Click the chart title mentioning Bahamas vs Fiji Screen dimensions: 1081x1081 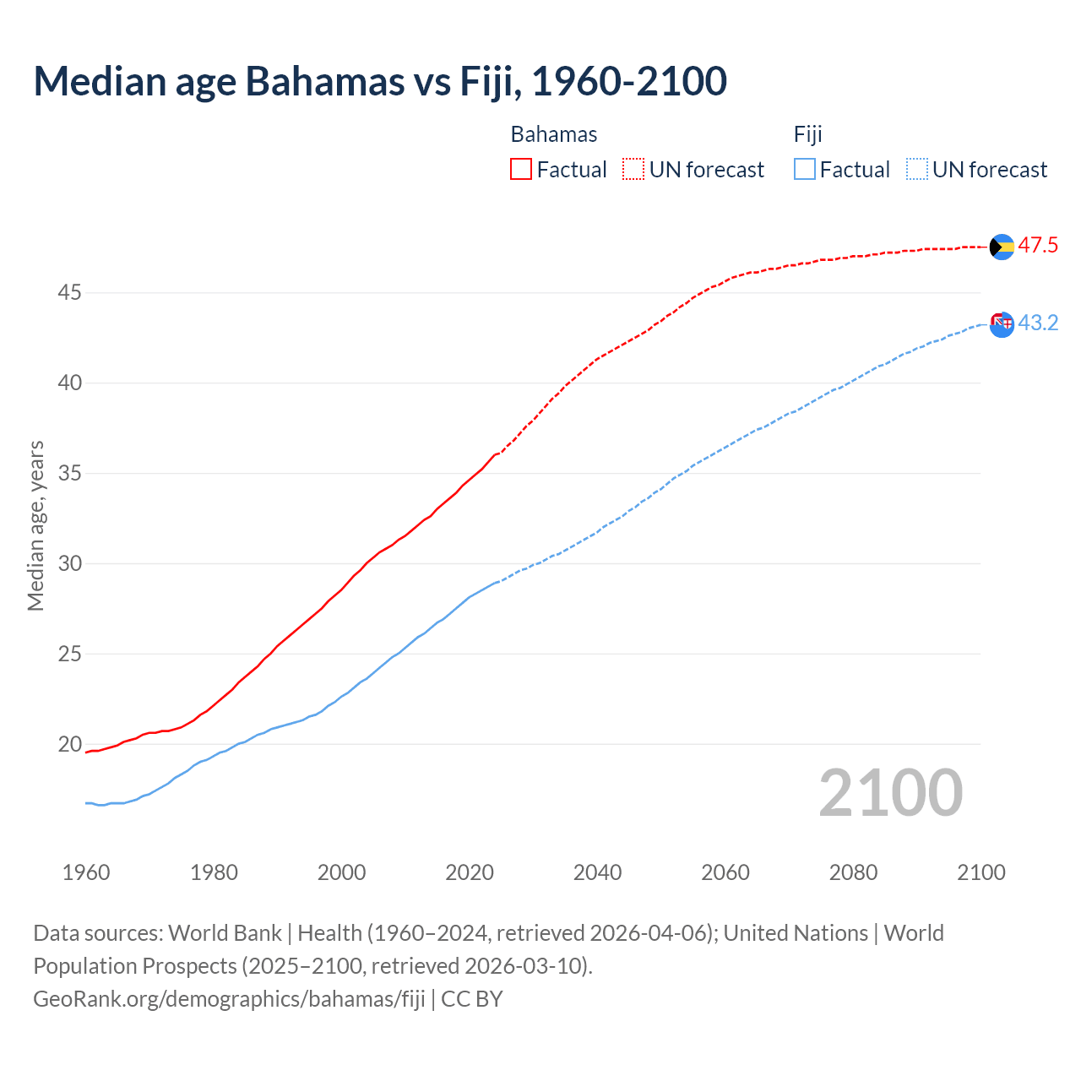(x=380, y=81)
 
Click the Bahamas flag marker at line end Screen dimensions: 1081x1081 (x=1002, y=247)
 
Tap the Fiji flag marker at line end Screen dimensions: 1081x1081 (x=1002, y=323)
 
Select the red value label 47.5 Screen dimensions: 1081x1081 (x=1038, y=246)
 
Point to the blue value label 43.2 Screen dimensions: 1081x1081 (x=1038, y=323)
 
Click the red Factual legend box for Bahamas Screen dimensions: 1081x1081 (x=521, y=170)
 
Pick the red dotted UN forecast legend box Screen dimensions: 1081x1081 (x=633, y=170)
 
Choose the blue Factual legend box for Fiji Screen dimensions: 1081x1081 (x=805, y=170)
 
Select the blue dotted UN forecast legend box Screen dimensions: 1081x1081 (x=917, y=170)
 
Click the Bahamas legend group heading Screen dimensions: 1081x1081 (x=554, y=134)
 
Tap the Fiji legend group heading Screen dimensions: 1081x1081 (x=808, y=134)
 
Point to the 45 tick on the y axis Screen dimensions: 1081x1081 (x=69, y=293)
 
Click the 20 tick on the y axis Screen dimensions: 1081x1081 (x=69, y=744)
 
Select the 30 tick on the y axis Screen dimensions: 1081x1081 (x=69, y=563)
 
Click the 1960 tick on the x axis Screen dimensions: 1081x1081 (x=86, y=872)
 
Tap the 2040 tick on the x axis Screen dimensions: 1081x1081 (x=598, y=872)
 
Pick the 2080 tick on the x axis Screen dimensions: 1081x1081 (x=853, y=872)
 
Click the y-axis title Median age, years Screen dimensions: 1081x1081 (x=35, y=525)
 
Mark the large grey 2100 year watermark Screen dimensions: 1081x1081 (x=891, y=793)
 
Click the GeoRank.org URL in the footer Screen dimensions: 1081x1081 (x=229, y=999)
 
